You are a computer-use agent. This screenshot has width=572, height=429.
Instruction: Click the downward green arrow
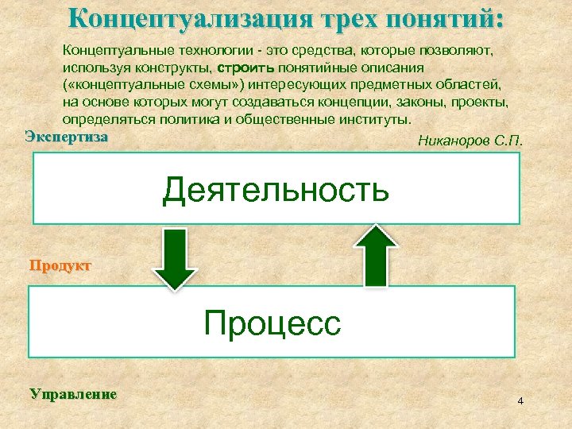175,259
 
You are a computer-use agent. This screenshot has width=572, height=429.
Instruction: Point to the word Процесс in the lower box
272,323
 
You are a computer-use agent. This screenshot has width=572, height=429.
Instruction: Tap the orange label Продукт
60,265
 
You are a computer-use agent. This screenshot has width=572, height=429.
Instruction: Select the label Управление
72,393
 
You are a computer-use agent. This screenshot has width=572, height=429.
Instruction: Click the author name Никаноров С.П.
470,142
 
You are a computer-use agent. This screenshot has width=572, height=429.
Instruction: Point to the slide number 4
520,400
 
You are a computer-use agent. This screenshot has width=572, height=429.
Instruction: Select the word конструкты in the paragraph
175,68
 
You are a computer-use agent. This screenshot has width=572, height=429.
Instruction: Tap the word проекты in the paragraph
479,102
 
